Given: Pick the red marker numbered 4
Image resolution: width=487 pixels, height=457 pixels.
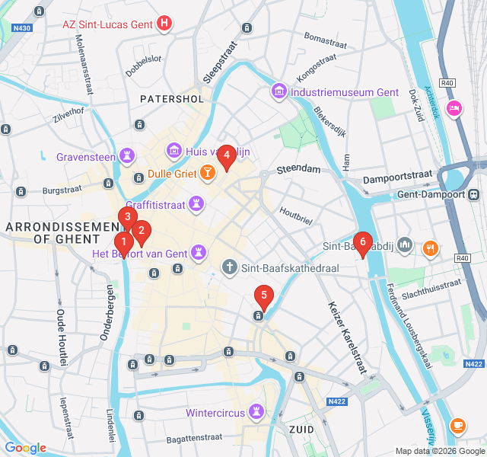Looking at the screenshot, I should (226, 156).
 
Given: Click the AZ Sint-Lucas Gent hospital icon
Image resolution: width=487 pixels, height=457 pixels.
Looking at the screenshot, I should (164, 24).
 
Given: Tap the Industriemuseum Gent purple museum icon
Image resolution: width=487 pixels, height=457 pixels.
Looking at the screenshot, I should (279, 92).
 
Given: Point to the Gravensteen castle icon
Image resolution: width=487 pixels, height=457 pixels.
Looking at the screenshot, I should (126, 158).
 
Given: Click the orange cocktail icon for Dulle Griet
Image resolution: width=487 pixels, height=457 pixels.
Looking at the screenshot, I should (206, 174).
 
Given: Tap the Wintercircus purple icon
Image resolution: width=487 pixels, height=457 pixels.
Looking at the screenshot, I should (257, 413).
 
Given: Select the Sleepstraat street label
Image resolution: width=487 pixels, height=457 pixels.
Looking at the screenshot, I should (221, 61).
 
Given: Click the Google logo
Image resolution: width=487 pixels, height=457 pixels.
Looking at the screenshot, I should (25, 448).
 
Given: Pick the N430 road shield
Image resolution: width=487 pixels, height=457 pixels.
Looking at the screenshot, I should (22, 28).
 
